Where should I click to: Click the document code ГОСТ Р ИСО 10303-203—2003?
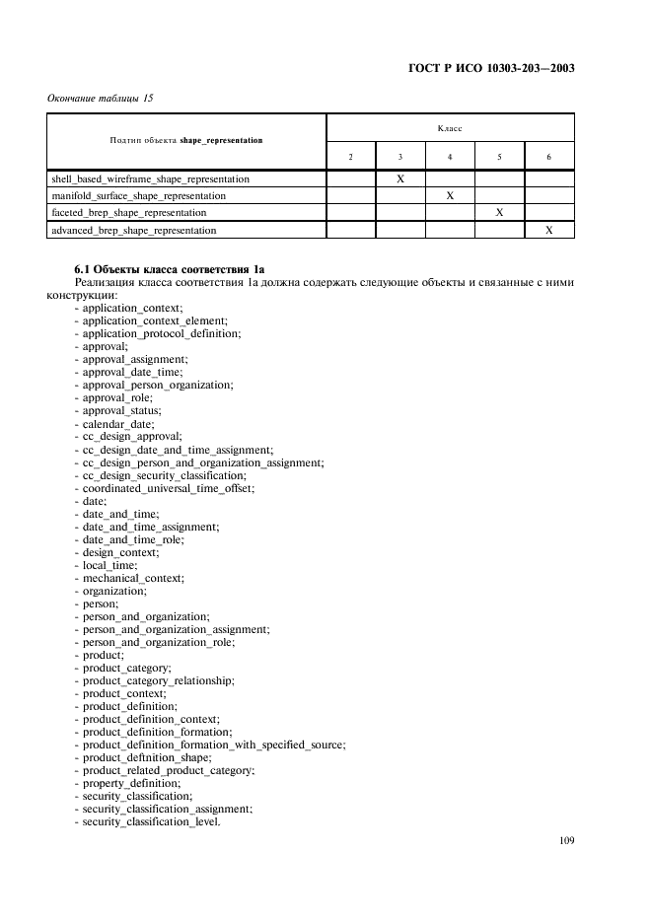pyautogui.click(x=490, y=69)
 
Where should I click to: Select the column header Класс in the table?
pyautogui.click(x=450, y=128)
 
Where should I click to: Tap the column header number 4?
pyautogui.click(x=450, y=157)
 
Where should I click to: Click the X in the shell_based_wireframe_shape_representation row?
pyautogui.click(x=400, y=179)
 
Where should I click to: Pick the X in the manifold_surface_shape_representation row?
pyautogui.click(x=450, y=196)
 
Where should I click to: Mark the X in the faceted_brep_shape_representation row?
pyautogui.click(x=499, y=212)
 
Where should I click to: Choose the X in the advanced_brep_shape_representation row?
pyautogui.click(x=549, y=230)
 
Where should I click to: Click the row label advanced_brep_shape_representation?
pyautogui.click(x=133, y=230)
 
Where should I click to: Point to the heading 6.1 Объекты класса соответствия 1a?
pyautogui.click(x=170, y=269)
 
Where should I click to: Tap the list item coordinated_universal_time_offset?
pyautogui.click(x=169, y=487)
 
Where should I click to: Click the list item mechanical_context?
pyautogui.click(x=133, y=577)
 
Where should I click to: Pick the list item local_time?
pyautogui.click(x=109, y=564)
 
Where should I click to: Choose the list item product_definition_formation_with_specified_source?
pyautogui.click(x=213, y=745)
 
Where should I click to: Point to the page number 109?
pyautogui.click(x=565, y=840)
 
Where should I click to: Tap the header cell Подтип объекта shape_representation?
pyautogui.click(x=187, y=140)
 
